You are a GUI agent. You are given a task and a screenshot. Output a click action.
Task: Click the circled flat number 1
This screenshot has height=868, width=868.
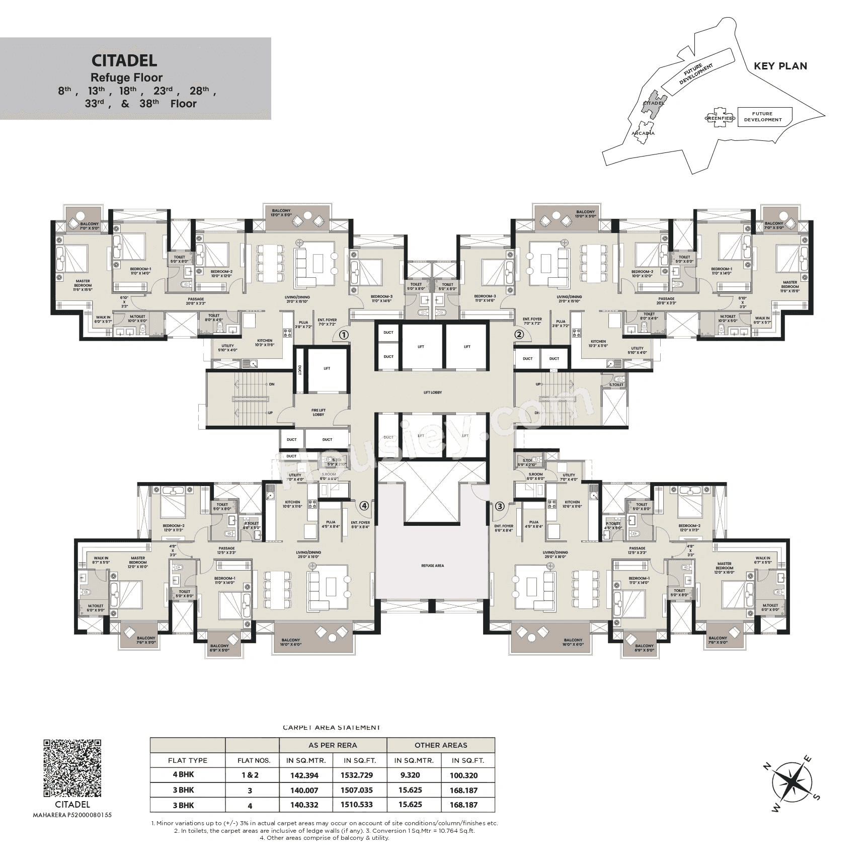coord(343,335)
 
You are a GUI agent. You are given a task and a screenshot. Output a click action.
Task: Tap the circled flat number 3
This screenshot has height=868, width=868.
coord(499,506)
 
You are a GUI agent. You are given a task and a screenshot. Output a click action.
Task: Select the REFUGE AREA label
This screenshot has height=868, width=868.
coord(432,566)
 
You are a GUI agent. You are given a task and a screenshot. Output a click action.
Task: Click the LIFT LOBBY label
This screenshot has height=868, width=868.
coord(432,392)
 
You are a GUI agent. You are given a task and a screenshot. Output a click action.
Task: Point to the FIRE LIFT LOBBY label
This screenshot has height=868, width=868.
coord(319,412)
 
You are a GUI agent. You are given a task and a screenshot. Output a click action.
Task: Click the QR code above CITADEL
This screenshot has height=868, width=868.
coord(72,768)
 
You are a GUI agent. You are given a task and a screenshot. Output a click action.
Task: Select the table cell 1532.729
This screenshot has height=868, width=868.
coord(356,775)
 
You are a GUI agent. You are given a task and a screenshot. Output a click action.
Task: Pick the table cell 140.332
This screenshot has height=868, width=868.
coord(304,805)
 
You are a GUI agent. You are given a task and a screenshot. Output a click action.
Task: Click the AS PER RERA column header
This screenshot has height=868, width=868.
coord(333,745)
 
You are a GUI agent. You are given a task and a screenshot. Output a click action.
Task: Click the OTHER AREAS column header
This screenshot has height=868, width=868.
coord(441,745)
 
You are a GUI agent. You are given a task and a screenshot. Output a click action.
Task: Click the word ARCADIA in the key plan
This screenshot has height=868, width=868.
coord(643,133)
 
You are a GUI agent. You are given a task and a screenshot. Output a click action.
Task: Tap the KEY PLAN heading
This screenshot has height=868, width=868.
coord(780,66)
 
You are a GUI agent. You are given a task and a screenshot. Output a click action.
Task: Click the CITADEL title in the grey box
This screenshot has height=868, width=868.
coord(124,60)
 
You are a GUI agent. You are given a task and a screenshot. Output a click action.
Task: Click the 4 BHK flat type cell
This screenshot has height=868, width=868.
coord(183,775)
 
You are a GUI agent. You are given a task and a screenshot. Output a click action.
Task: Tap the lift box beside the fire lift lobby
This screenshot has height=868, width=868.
coord(327,369)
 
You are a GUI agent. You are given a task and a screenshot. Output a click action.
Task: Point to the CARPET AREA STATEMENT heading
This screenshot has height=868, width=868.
coord(331,727)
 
